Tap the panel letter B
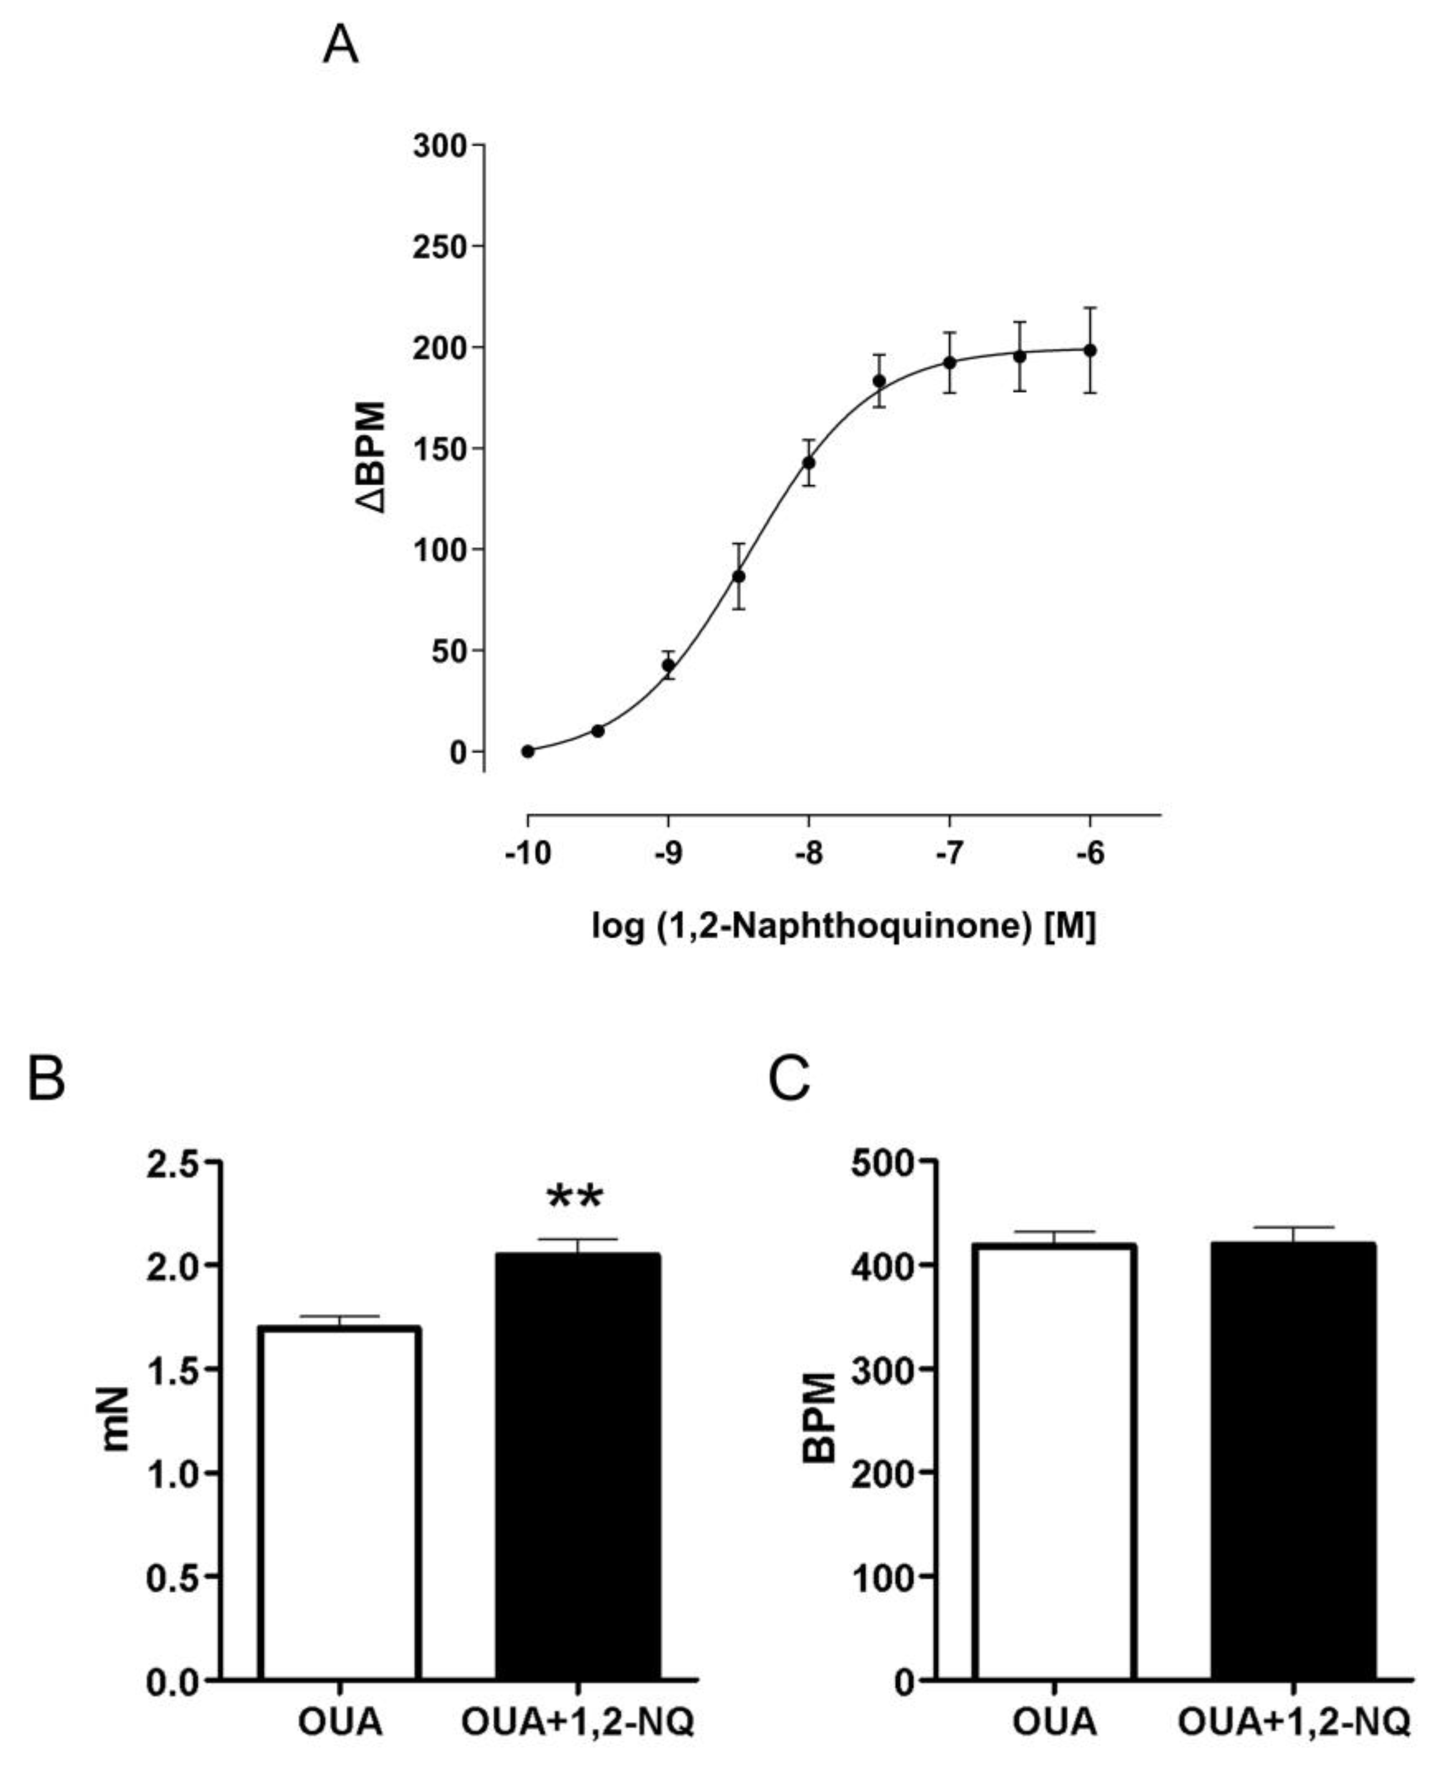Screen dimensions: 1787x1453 46,1078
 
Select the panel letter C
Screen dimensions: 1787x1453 789,1078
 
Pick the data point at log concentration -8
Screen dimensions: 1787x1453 809,462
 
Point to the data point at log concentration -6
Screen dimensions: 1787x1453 1090,350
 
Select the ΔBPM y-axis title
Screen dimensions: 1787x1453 371,456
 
